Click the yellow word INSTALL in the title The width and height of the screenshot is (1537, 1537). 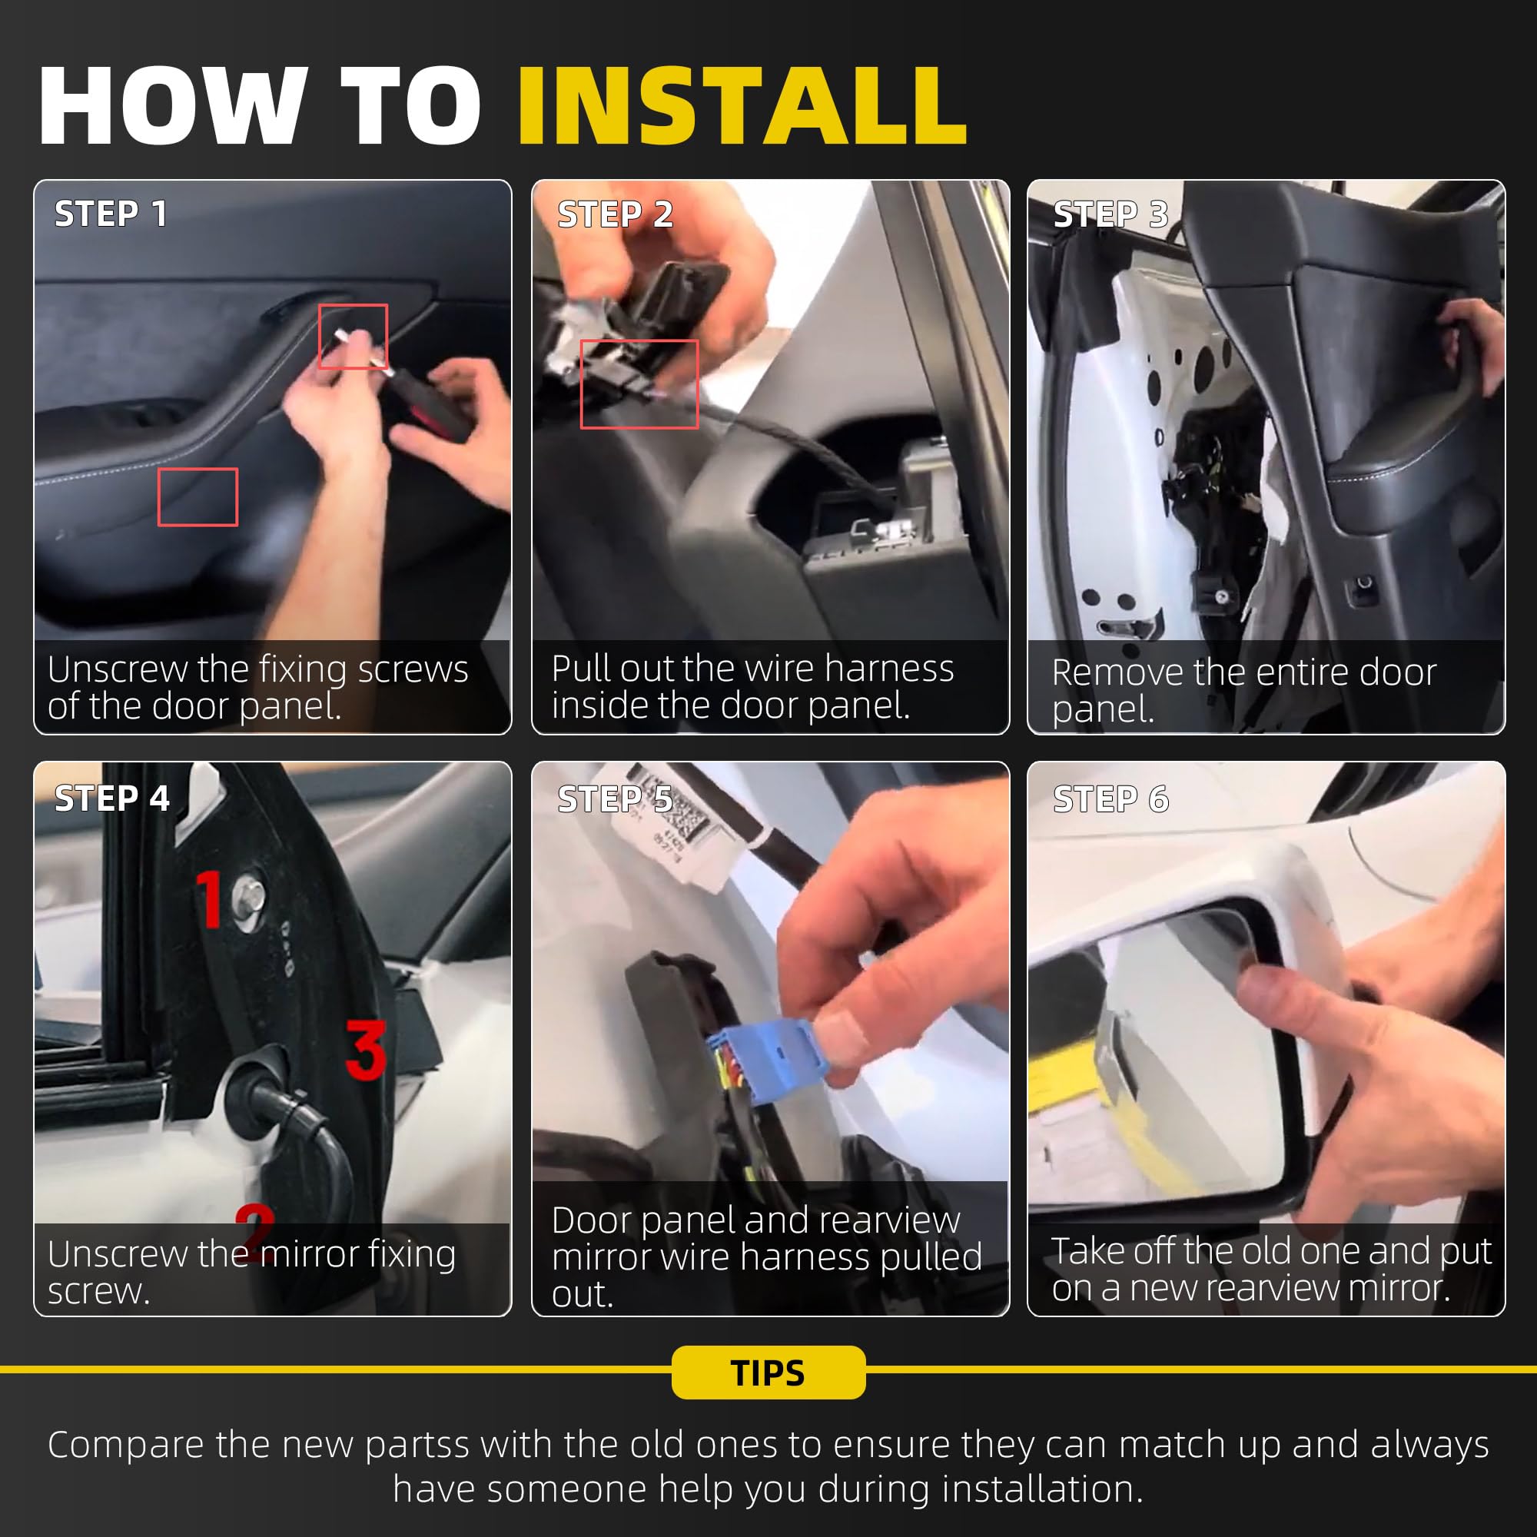(x=742, y=106)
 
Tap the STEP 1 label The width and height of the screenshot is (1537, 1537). (x=111, y=213)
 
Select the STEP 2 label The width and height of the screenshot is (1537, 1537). (x=615, y=214)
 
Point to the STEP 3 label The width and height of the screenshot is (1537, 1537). (x=1110, y=214)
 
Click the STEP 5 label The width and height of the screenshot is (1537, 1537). (x=615, y=798)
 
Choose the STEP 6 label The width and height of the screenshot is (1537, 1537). (x=1110, y=798)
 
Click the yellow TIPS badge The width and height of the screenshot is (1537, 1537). (x=768, y=1372)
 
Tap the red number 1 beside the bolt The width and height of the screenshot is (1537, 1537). (x=209, y=898)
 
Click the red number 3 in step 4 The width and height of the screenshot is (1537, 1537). (x=366, y=1049)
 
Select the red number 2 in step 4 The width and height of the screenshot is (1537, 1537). (x=255, y=1233)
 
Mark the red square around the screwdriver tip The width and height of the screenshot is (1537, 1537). (x=354, y=337)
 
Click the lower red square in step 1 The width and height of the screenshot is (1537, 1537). (x=198, y=497)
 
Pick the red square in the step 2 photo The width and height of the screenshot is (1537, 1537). (x=639, y=384)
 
